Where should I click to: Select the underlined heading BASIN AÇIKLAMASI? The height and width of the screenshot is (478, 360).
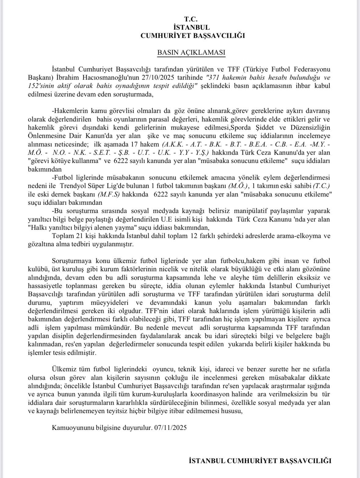point(191,52)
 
